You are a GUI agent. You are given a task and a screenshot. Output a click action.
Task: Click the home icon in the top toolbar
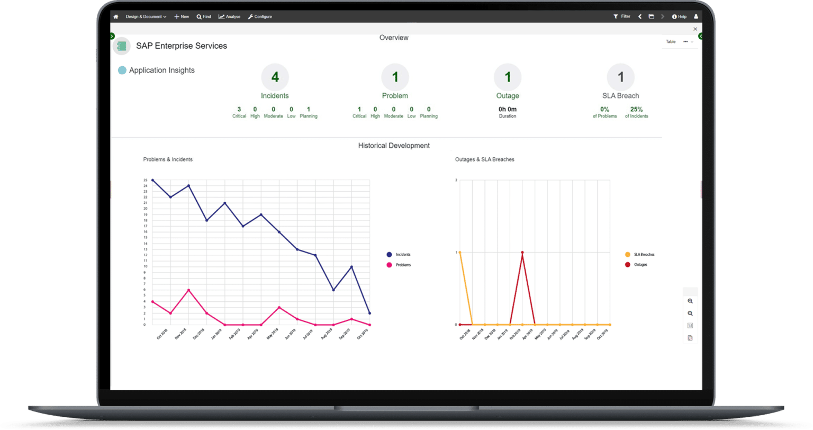[116, 16]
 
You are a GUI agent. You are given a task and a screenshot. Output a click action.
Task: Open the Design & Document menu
[146, 16]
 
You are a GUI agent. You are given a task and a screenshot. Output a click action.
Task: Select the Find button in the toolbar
[204, 16]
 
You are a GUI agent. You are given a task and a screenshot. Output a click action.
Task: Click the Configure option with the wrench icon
[260, 16]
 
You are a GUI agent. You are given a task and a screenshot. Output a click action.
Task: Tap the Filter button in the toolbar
[622, 16]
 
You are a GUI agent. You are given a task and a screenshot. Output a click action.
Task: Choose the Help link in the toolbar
[679, 16]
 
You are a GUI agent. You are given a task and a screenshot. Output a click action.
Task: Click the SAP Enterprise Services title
[181, 46]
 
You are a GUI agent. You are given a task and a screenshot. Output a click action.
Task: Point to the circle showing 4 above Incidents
[275, 77]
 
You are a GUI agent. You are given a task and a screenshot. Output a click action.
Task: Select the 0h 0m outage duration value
[507, 109]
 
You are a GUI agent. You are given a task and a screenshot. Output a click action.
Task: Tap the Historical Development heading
[394, 145]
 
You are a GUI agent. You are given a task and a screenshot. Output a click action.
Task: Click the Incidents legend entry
[403, 255]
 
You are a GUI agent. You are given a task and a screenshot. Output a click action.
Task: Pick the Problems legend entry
[403, 265]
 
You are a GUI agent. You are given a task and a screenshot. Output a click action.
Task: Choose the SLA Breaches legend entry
[644, 255]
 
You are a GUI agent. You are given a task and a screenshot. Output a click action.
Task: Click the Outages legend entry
[640, 264]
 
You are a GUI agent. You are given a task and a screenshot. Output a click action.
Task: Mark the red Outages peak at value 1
[522, 253]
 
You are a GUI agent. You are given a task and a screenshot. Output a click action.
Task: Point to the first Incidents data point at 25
[152, 180]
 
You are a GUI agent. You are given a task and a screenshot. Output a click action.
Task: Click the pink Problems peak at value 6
[188, 290]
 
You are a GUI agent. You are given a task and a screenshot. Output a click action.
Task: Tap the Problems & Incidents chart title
[168, 159]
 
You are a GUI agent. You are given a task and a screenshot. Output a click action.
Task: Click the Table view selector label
[671, 41]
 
